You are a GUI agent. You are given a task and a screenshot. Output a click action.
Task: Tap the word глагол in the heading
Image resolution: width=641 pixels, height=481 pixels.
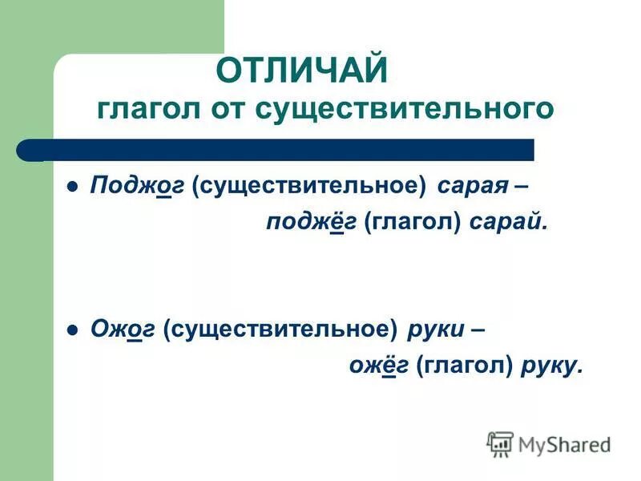click(x=151, y=108)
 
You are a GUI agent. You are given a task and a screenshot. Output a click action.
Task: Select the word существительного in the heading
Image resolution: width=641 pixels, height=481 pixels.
click(x=404, y=108)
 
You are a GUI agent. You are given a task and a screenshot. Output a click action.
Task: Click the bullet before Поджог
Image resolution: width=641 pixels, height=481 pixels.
click(x=72, y=187)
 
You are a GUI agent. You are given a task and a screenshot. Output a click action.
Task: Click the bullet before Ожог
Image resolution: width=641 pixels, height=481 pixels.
click(x=72, y=329)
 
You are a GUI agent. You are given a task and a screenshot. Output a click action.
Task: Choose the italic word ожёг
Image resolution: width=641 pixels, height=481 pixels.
click(x=379, y=365)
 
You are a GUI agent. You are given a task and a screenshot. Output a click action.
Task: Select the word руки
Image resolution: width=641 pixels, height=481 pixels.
click(x=435, y=329)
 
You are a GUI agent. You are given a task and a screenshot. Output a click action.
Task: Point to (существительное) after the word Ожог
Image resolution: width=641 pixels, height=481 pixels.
click(x=281, y=329)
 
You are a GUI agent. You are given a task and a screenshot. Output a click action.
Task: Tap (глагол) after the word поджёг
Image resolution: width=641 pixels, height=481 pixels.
click(x=413, y=223)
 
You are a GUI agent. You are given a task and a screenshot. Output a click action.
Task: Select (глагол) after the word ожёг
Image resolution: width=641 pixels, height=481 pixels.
click(x=465, y=365)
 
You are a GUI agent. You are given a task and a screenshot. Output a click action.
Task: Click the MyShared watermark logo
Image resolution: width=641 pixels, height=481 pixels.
click(x=549, y=443)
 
